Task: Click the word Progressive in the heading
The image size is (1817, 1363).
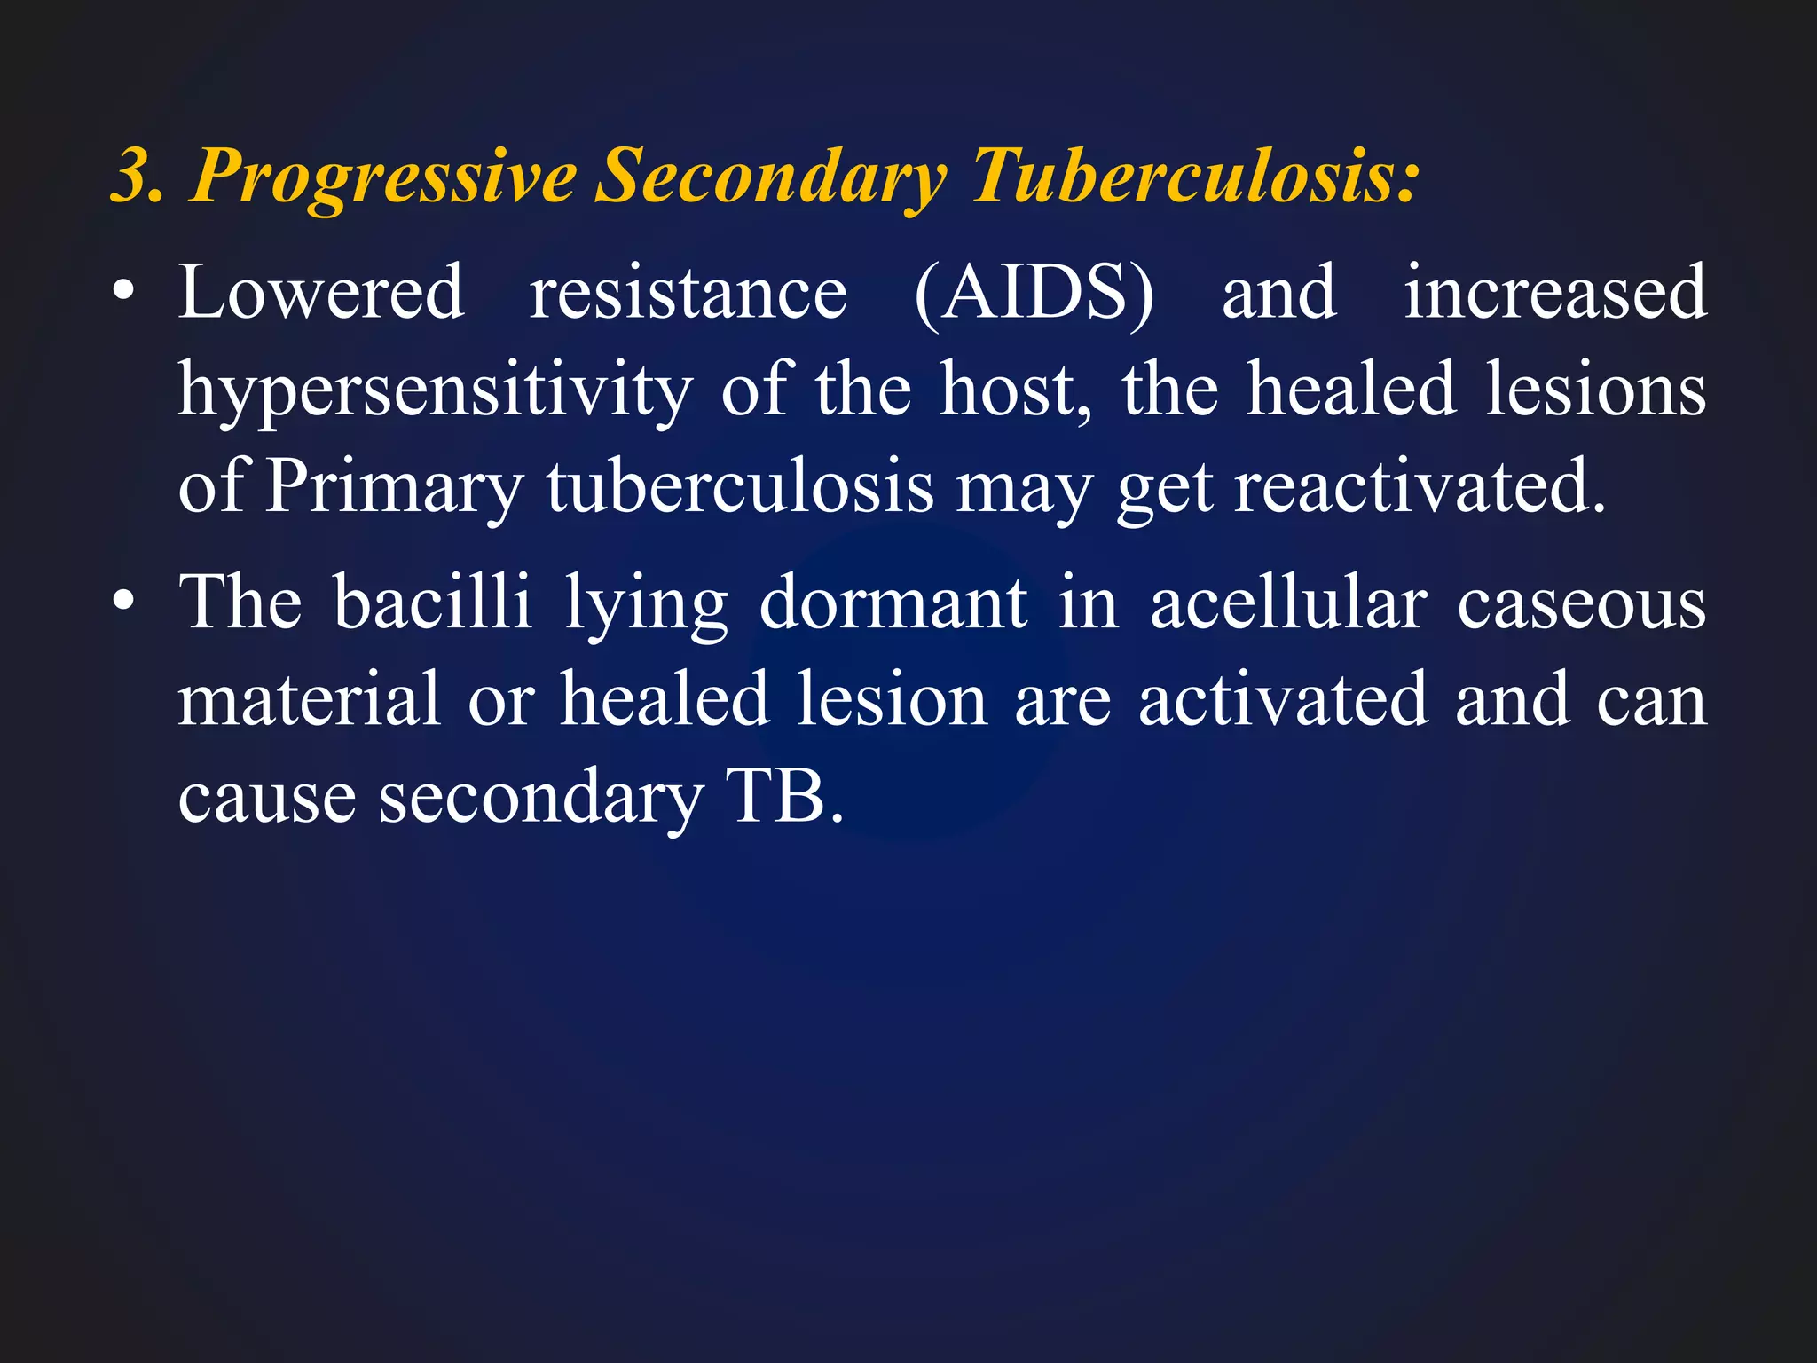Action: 382,177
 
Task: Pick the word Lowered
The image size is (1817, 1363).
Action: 320,292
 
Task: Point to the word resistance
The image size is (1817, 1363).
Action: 688,294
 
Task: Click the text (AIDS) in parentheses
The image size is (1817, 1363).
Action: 1034,294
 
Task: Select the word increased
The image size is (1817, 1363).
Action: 1554,292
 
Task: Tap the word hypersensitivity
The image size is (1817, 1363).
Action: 435,391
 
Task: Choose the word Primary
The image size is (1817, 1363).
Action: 394,488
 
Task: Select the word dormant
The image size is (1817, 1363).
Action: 893,603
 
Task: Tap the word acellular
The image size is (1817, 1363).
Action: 1288,603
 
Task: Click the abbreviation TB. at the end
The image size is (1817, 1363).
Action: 784,796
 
